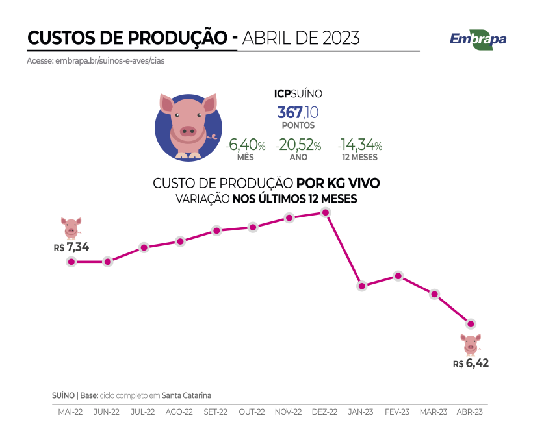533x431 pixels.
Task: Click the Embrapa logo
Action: click(478, 38)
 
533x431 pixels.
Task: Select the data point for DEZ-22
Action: click(326, 212)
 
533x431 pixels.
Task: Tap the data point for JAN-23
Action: click(362, 286)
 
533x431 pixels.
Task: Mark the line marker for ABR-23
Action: click(471, 323)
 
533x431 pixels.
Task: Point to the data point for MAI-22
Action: click(71, 262)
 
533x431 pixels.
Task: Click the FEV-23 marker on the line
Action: click(398, 275)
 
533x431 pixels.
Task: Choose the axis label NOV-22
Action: click(288, 412)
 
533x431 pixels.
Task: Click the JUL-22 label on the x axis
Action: click(142, 412)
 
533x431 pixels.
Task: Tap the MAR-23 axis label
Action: click(434, 412)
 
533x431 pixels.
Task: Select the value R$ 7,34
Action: click(71, 247)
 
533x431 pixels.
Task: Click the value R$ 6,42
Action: click(471, 363)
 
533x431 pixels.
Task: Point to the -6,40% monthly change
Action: click(245, 145)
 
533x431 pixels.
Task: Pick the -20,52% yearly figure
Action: click(298, 145)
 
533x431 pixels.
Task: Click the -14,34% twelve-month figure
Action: click(359, 145)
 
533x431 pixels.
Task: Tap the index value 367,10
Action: click(298, 112)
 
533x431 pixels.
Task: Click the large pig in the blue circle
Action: click(188, 125)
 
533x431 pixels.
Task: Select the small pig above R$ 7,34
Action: click(71, 228)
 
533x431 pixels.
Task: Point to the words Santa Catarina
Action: click(187, 395)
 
